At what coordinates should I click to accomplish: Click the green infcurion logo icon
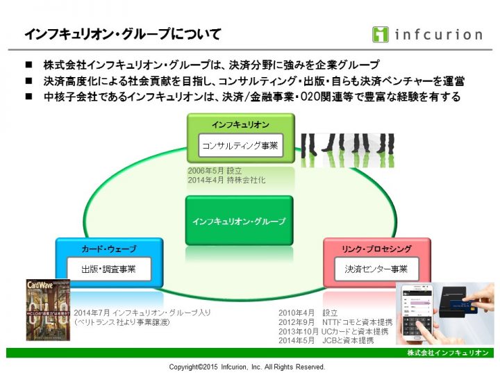click(x=380, y=34)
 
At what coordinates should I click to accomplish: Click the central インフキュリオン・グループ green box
click(x=240, y=222)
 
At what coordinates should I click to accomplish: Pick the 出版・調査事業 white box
click(x=109, y=268)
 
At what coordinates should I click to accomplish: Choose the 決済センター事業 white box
click(x=376, y=268)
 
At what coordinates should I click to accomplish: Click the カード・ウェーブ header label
click(x=108, y=249)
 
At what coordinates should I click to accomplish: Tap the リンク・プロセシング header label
click(x=376, y=249)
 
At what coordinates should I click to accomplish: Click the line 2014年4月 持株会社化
click(x=226, y=180)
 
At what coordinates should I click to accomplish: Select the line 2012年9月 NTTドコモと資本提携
click(x=335, y=322)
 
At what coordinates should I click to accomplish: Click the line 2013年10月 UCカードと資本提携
click(x=335, y=331)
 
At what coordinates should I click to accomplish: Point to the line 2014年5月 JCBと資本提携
click(x=326, y=340)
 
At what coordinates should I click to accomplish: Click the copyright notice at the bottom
click(x=247, y=366)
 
